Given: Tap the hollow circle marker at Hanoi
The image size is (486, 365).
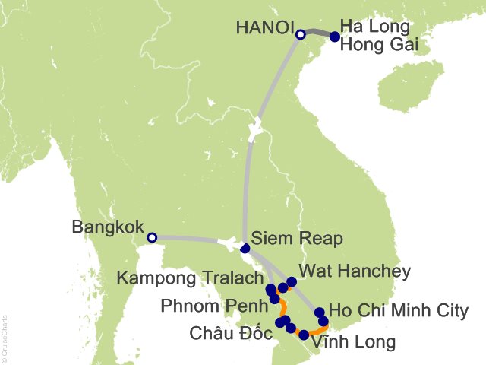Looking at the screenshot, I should (301, 34).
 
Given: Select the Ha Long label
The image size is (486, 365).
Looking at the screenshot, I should (375, 27).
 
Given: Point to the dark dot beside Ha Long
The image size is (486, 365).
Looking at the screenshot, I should (335, 36).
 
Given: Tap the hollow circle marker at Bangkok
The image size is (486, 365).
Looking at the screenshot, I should (152, 238).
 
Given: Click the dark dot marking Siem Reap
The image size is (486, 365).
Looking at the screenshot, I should (245, 248).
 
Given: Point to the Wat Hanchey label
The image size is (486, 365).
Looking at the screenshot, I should (355, 271).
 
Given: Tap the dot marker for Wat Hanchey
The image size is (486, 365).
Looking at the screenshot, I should (292, 281).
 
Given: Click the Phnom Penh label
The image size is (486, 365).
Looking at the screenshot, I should (214, 306).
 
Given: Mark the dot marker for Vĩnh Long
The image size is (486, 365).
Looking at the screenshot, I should (304, 335).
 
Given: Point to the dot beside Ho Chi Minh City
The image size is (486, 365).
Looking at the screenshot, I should (320, 312).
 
